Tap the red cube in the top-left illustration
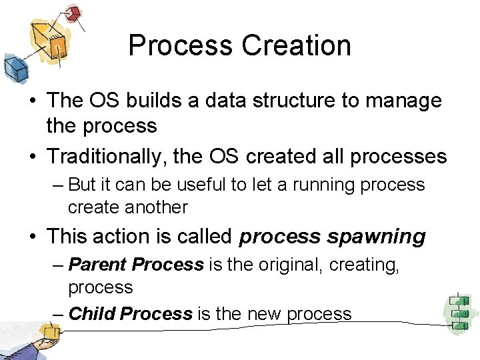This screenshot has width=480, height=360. click(x=73, y=12)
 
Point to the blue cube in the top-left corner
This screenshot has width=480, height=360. click(x=14, y=67)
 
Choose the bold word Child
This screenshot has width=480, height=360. click(x=93, y=313)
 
